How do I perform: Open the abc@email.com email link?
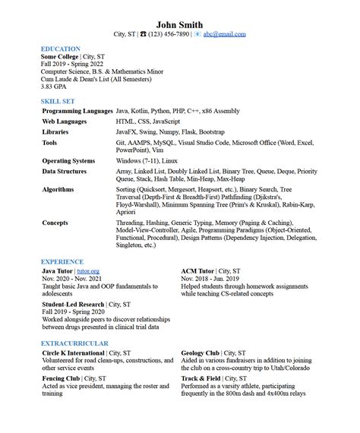224,34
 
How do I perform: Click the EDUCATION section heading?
61,49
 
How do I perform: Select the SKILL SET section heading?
58,100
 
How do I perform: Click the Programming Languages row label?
77,111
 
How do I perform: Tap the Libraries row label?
55,131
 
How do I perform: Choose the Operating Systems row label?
68,161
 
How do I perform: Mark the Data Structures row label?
65,172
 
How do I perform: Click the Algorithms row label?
58,190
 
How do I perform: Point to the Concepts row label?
55,223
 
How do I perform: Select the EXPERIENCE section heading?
62,261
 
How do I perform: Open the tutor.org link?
88,271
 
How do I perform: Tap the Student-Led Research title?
74,304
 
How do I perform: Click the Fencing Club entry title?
61,378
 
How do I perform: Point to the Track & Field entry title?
201,378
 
